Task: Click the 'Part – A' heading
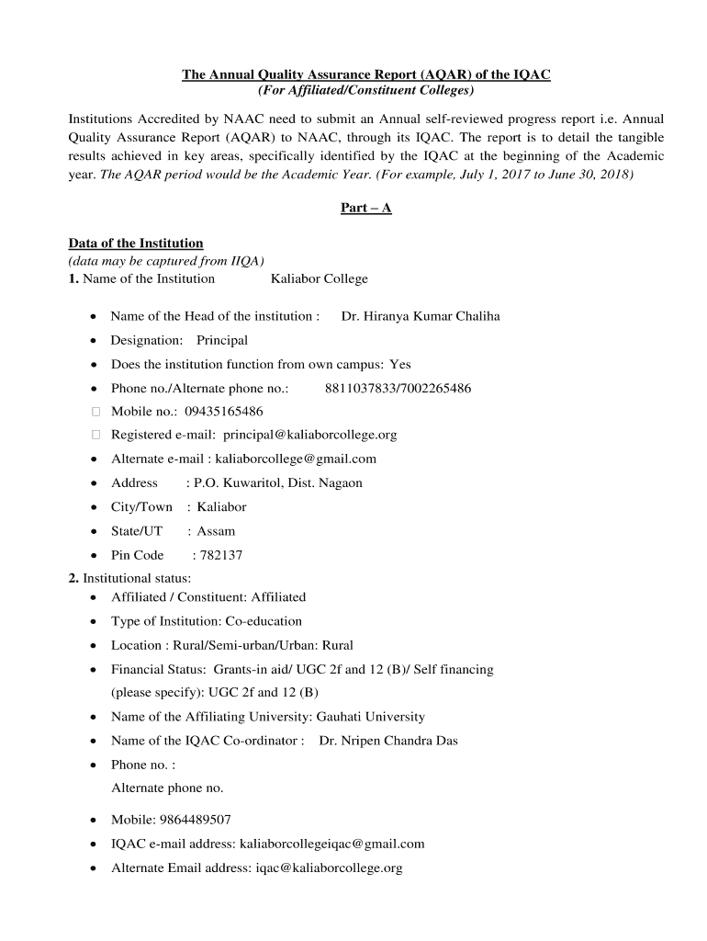365,208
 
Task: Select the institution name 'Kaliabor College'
319,278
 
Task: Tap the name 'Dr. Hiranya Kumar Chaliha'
421,316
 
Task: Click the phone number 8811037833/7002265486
398,388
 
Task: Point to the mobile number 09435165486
223,411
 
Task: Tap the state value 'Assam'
216,531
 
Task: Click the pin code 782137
221,555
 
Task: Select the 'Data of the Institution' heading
136,244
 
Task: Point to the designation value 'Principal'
222,340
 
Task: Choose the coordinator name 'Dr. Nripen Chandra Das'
388,741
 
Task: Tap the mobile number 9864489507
195,820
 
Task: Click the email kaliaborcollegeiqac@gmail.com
331,844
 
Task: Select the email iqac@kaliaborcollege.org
329,867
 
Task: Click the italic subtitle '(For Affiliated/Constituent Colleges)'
365,90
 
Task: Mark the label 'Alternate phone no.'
167,788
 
